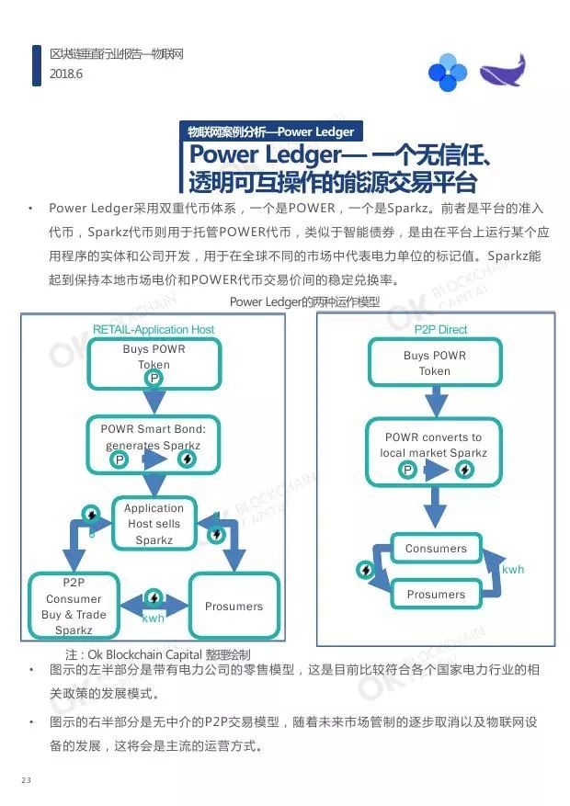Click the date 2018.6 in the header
(x=67, y=74)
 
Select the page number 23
(x=26, y=780)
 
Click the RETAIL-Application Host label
(x=154, y=329)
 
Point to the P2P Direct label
(x=440, y=329)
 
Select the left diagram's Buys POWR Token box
(x=154, y=362)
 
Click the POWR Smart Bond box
(x=154, y=444)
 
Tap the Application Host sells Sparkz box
(x=154, y=524)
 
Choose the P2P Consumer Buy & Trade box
(x=74, y=606)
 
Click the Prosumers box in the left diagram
(x=234, y=606)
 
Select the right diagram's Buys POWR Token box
(x=435, y=362)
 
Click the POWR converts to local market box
(x=435, y=451)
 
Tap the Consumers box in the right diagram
(x=437, y=549)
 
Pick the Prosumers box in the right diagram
(x=437, y=595)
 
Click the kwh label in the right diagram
(x=513, y=570)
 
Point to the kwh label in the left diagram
(x=154, y=619)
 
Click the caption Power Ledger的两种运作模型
(x=304, y=301)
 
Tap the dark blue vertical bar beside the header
(x=37, y=65)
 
